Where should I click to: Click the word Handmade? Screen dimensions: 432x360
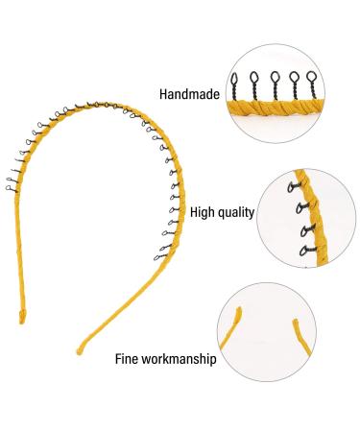(190, 94)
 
